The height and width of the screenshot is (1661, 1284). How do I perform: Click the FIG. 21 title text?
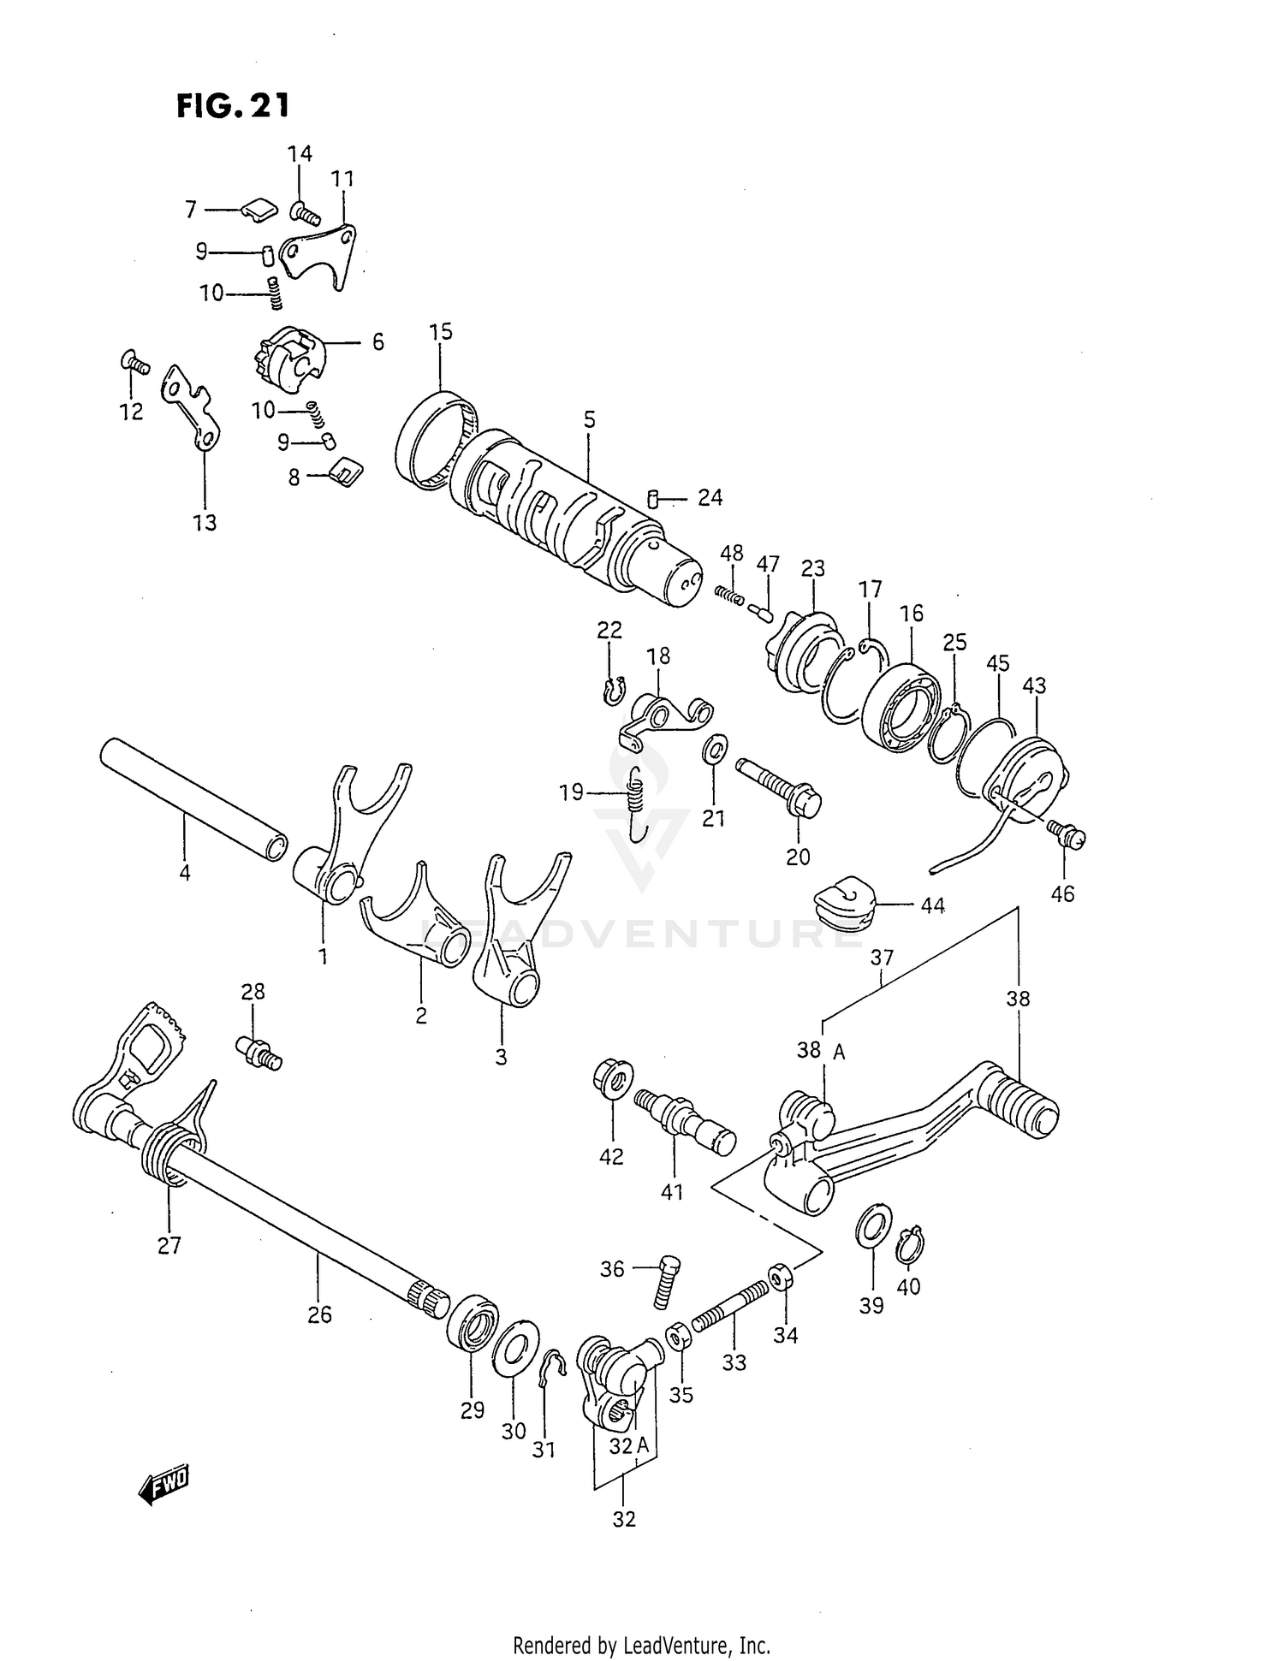[x=233, y=105]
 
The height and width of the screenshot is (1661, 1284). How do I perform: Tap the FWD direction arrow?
[x=164, y=1486]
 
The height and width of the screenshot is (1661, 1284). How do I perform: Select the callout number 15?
[x=440, y=332]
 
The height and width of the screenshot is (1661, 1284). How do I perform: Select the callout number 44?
[x=932, y=905]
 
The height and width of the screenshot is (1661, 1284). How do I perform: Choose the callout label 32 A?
[x=632, y=1445]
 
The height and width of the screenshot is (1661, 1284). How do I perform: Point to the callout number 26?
[x=319, y=1314]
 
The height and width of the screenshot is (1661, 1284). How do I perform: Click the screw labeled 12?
[x=135, y=363]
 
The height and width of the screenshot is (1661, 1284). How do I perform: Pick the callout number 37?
[x=882, y=957]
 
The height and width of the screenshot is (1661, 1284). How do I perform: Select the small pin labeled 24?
[x=653, y=497]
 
